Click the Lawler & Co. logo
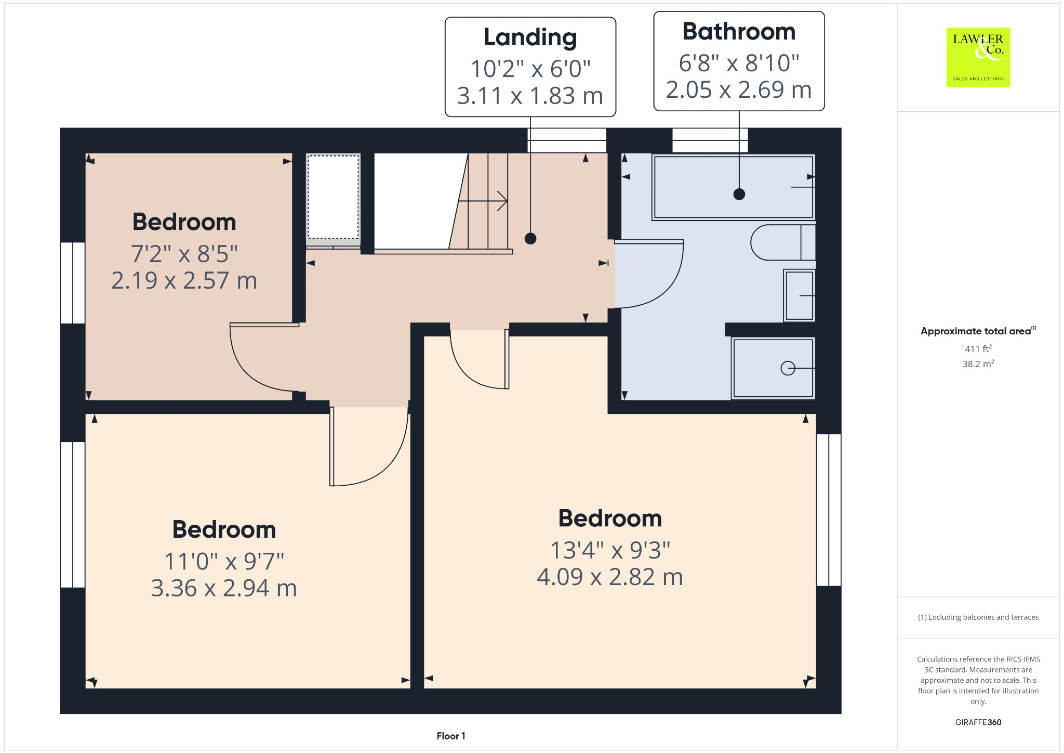(978, 57)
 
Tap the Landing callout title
(530, 37)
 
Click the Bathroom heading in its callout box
(738, 32)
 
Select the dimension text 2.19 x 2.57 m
(184, 281)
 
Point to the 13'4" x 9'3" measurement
(609, 550)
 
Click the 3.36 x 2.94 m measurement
(223, 588)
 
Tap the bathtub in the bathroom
(733, 187)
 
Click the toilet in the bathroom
(782, 242)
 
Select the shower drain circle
(788, 368)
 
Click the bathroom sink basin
(799, 295)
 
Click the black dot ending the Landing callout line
(530, 239)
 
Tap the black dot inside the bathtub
(739, 194)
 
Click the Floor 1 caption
(450, 736)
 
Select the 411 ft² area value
(978, 348)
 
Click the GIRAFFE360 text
(978, 722)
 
